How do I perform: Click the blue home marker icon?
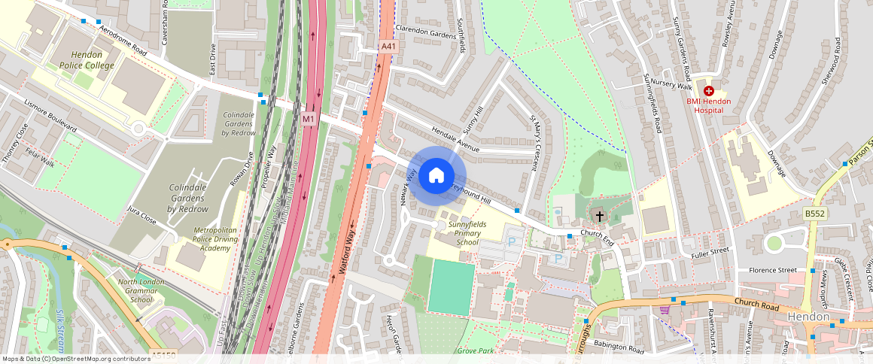pyautogui.click(x=436, y=176)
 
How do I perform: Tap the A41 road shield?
pyautogui.click(x=388, y=47)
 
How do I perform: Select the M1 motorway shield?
pyautogui.click(x=309, y=119)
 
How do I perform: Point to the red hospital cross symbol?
pyautogui.click(x=708, y=90)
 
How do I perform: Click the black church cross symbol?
pyautogui.click(x=600, y=217)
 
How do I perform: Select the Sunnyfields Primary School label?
pyautogui.click(x=467, y=233)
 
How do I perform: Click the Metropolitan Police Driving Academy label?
pyautogui.click(x=201, y=238)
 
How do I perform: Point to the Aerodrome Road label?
pyautogui.click(x=120, y=39)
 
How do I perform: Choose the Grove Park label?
pyautogui.click(x=475, y=350)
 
